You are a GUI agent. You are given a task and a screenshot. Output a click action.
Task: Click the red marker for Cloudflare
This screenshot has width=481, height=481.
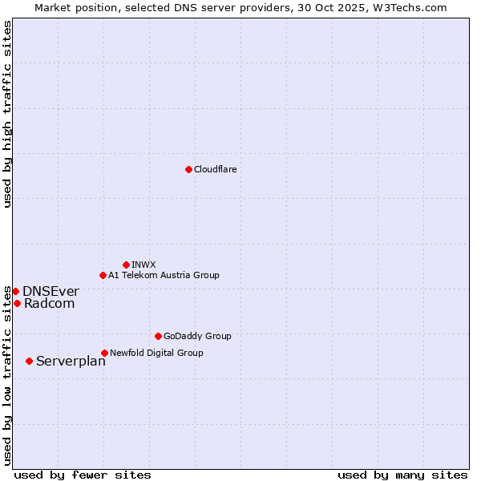point(188,169)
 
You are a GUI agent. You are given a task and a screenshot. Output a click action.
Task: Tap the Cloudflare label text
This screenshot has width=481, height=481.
point(215,169)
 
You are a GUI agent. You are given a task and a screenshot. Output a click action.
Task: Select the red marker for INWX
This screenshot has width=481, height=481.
point(126,265)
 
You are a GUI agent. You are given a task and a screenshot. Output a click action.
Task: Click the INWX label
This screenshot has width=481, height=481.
point(143,265)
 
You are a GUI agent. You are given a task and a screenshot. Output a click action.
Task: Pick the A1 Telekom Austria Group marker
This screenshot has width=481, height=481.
point(103,275)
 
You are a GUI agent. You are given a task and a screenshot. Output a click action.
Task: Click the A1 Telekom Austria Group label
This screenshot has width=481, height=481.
point(164,275)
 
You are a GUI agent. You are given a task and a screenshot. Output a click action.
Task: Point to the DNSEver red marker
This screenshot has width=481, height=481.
point(15,291)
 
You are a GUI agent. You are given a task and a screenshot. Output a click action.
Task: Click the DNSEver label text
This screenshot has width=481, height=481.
point(51,291)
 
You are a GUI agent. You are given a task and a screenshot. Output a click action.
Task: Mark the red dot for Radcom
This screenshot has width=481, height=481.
point(17,303)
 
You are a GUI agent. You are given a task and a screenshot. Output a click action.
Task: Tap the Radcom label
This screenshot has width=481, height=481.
point(49,303)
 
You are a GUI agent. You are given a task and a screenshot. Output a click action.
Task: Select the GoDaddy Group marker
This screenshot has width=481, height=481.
point(158,336)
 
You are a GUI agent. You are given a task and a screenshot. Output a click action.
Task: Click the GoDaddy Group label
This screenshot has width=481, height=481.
point(197,336)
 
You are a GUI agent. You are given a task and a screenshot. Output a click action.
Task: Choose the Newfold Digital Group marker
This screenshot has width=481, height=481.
point(104,353)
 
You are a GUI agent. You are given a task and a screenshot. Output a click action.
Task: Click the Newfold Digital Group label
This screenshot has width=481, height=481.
point(156,353)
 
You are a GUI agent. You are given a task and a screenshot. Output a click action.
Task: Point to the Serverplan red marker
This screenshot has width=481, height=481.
point(29,361)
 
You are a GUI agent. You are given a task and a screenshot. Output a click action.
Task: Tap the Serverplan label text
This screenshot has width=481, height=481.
point(71,361)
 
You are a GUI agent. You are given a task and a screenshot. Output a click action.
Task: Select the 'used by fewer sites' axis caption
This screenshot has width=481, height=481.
point(83,475)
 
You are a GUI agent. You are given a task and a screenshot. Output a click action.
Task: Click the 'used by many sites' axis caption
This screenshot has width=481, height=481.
point(402,475)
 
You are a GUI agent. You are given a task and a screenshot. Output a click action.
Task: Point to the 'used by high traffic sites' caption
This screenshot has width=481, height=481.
point(7,114)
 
